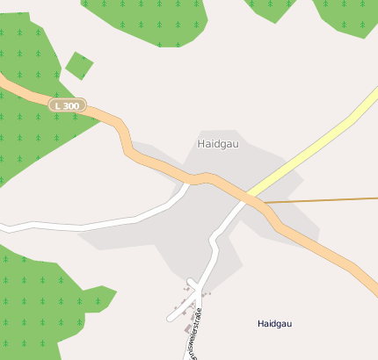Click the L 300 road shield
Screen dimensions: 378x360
point(67,105)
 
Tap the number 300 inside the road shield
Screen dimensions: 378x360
point(71,105)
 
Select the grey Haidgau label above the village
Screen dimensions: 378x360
point(217,143)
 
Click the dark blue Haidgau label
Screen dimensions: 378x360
point(274,324)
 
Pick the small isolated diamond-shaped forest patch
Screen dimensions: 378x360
point(79,65)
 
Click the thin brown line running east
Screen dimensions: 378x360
point(325,200)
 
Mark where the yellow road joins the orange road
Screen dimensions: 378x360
point(250,194)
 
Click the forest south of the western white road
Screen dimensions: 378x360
point(44,299)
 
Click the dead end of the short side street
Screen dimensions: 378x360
point(171,317)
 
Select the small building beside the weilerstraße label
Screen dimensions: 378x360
point(187,329)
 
